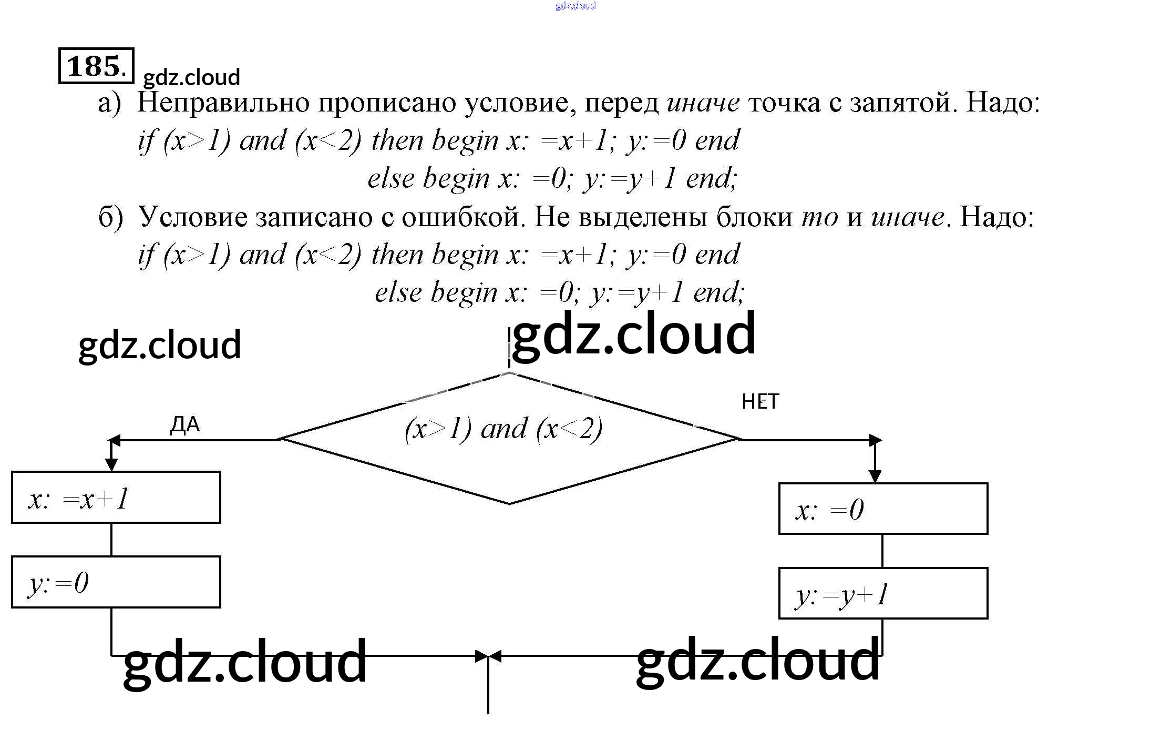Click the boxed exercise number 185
click(96, 66)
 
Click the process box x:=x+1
click(116, 497)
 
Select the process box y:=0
click(116, 582)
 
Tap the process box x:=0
click(883, 509)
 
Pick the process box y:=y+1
click(883, 593)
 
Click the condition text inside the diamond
click(503, 429)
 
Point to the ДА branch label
click(185, 424)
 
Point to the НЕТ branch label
click(760, 402)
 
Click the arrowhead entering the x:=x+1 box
click(111, 464)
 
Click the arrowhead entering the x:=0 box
click(875, 476)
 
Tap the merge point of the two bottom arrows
click(488, 656)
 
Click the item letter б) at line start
click(110, 217)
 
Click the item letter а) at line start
click(109, 103)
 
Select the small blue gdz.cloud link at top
click(575, 6)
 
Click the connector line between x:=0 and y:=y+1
click(882, 551)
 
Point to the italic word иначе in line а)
click(703, 103)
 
